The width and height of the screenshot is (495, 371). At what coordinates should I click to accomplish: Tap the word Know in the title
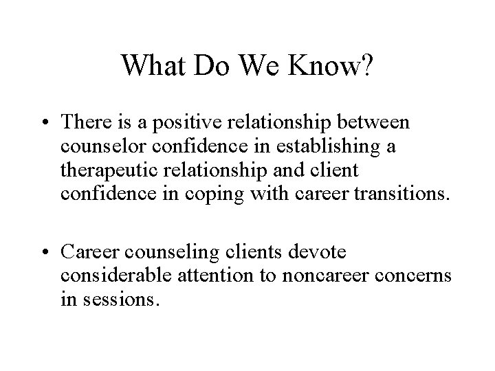click(323, 65)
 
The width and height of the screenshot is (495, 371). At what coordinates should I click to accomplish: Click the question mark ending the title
click(367, 65)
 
